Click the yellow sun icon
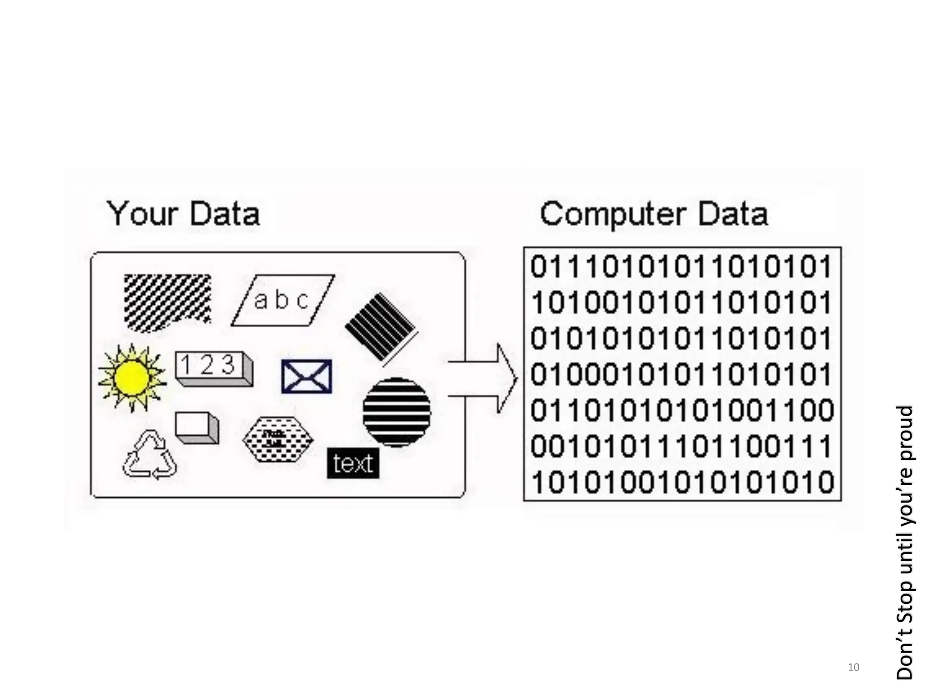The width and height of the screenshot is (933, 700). [132, 377]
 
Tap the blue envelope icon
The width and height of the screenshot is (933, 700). [307, 376]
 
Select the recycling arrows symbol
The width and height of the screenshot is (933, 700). [149, 456]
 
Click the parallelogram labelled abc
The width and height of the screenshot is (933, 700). [282, 300]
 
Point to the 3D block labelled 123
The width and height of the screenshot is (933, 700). [213, 368]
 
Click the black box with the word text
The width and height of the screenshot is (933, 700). [353, 463]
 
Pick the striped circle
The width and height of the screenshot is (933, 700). [396, 412]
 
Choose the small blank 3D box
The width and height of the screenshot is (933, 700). [197, 427]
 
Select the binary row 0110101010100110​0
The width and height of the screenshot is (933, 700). [682, 410]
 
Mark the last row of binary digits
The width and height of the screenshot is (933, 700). [682, 482]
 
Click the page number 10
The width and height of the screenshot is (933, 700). [853, 667]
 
